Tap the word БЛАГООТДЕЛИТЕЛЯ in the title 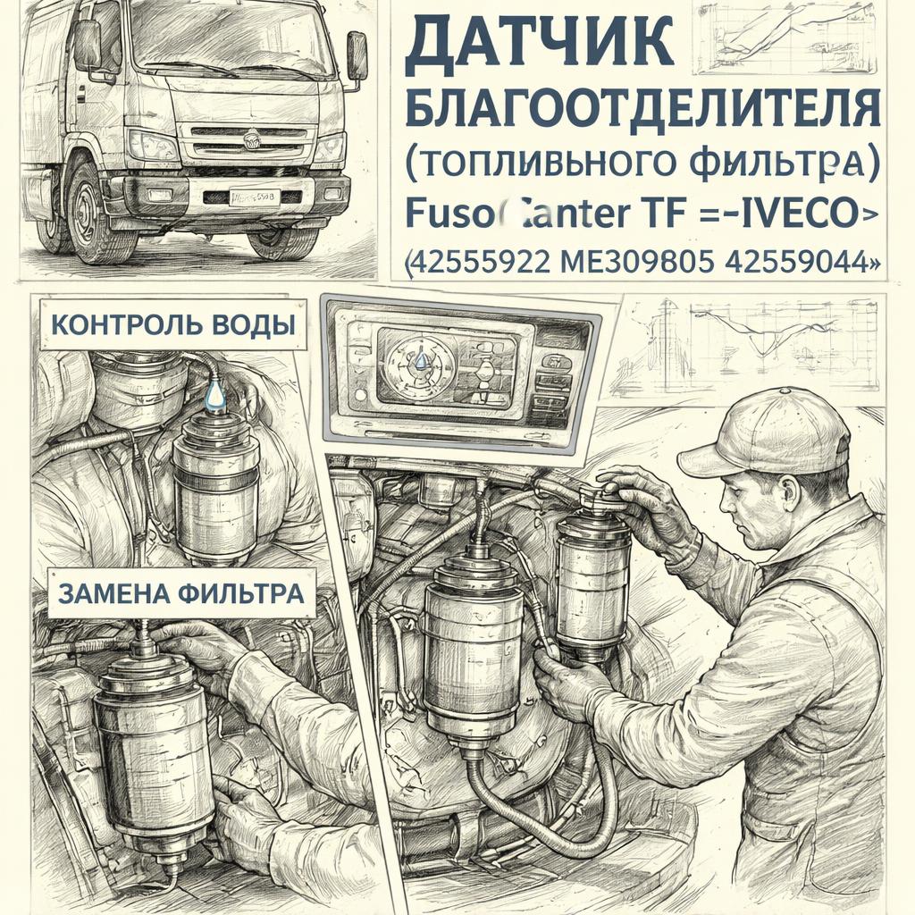[x=642, y=110]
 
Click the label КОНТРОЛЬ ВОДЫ [x=171, y=324]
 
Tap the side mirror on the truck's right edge [x=357, y=56]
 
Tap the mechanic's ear [x=787, y=492]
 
